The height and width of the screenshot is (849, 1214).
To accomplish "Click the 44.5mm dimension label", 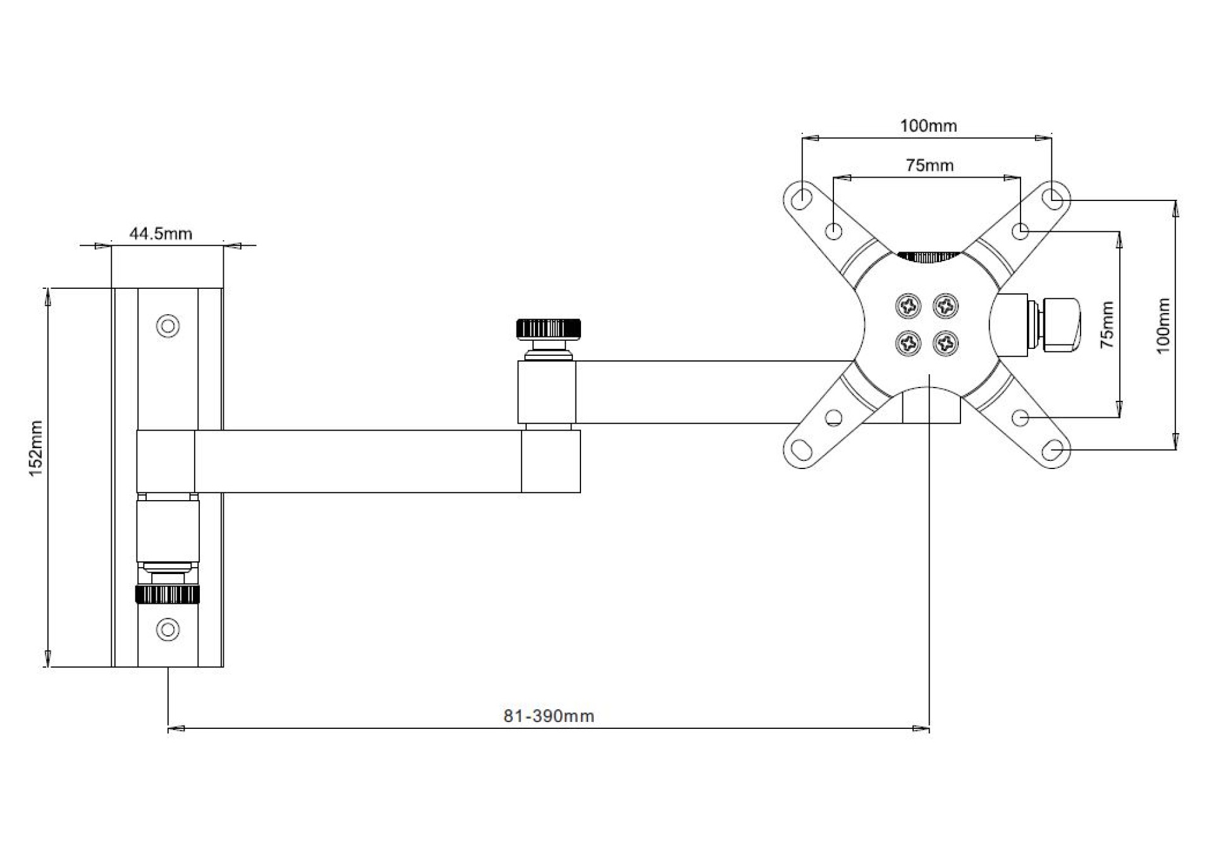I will coord(161,233).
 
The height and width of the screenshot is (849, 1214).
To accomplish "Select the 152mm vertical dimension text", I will coord(36,448).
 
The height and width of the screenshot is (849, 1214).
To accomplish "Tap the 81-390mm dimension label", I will coord(548,716).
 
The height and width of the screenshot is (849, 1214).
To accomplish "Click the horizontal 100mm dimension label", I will coord(928,126).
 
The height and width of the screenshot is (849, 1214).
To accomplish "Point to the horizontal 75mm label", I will coord(929,165).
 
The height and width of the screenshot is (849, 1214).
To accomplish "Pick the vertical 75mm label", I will coord(1107,325).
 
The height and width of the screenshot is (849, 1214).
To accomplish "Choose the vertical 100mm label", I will coord(1163,326).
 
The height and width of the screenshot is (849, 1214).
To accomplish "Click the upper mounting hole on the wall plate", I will coord(168,326).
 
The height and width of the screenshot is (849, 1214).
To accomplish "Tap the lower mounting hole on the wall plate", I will coord(168,629).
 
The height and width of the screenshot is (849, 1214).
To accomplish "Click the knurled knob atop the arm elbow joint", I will coord(548,329).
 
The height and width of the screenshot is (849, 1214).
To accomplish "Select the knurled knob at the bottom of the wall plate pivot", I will coord(168,594).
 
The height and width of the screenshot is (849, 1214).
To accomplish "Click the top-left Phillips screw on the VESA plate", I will coord(909,307).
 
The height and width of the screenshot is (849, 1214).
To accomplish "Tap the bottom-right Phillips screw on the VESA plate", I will coord(946,343).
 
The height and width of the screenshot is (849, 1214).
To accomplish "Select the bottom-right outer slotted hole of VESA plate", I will coord(1052,450).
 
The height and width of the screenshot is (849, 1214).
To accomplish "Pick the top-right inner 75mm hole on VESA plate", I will coord(1020,231).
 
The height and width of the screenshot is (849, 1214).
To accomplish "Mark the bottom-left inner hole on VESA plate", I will coord(834,417).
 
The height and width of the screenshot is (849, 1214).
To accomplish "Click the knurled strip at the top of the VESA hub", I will coord(928,256).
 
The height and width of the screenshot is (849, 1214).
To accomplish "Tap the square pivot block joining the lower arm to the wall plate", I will coord(166,461).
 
